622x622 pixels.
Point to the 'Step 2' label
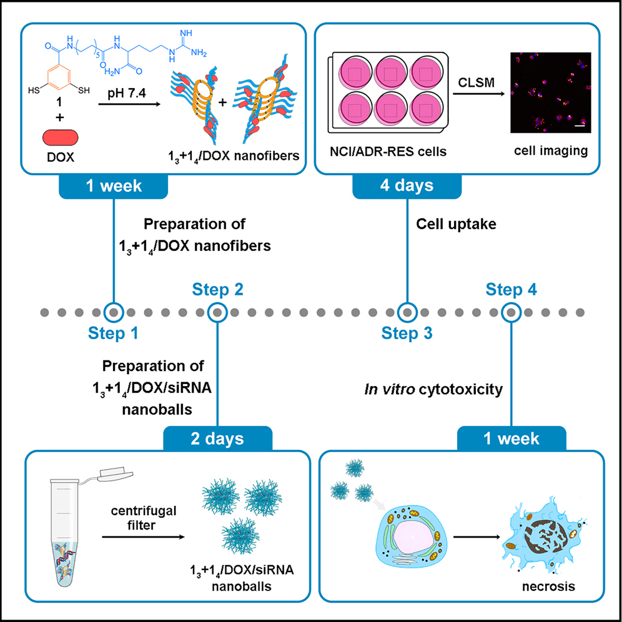217,289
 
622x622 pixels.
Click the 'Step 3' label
407,333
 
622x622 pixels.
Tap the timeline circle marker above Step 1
113,311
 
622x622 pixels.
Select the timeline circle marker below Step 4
511,311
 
